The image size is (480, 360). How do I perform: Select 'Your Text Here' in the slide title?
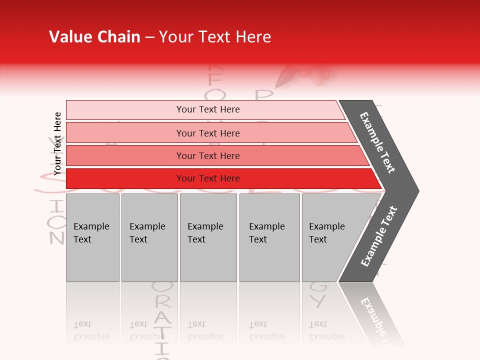[215, 37]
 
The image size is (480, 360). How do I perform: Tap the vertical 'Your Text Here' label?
[57, 143]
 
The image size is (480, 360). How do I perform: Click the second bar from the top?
[207, 133]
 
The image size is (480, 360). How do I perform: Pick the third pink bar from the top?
[207, 155]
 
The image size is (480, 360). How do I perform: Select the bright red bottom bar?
[207, 178]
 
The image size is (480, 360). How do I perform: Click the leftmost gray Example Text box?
[92, 237]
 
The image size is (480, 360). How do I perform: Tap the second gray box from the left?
[149, 237]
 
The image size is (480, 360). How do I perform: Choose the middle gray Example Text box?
[208, 237]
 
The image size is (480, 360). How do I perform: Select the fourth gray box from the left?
[269, 237]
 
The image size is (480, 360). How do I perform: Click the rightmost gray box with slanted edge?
[330, 237]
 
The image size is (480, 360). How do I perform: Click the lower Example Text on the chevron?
[379, 236]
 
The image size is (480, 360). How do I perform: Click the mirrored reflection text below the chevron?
[377, 320]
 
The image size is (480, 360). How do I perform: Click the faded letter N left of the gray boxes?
[57, 237]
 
